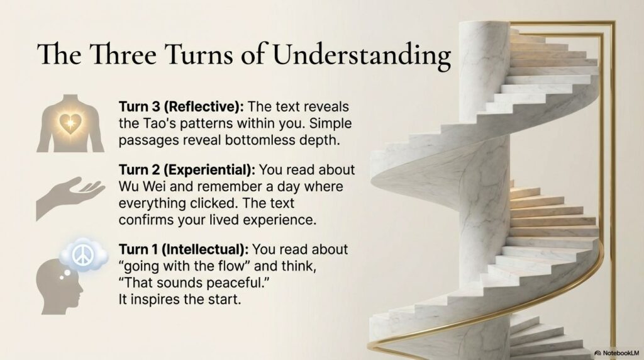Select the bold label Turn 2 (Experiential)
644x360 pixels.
186,171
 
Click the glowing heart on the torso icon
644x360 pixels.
70,123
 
